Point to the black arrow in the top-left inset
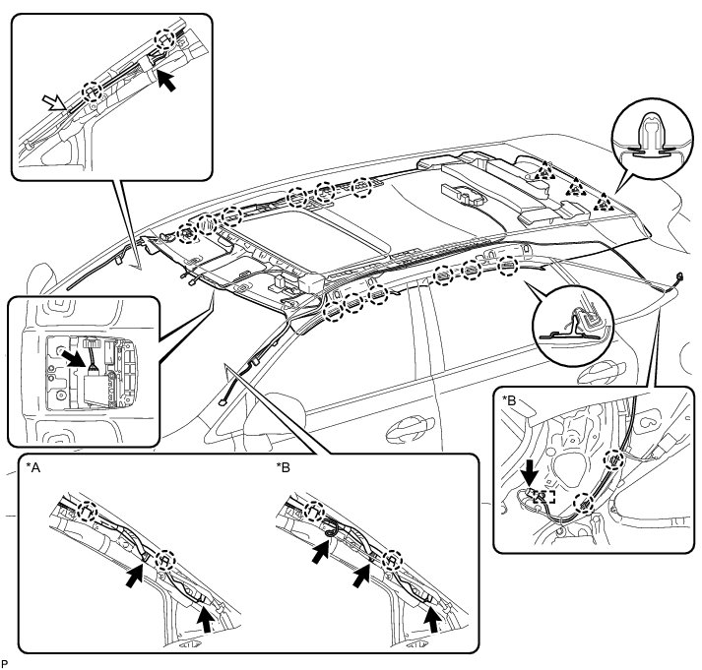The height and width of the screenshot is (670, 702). (169, 81)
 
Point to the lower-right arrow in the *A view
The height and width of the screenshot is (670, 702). (204, 617)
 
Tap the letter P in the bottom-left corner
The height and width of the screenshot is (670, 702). (6, 663)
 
